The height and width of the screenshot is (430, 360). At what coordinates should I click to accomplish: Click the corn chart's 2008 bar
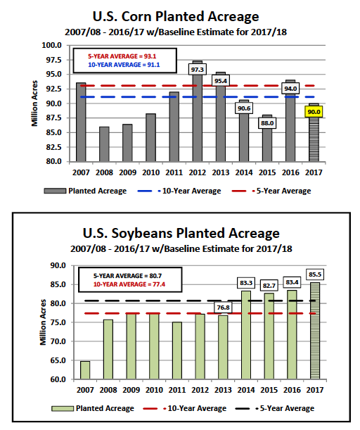point(104,144)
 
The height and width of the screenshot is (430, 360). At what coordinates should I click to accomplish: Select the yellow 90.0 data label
point(314,112)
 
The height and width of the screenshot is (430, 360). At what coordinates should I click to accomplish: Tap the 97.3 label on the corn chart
point(198,70)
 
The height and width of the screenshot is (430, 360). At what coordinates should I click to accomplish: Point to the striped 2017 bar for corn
point(314,132)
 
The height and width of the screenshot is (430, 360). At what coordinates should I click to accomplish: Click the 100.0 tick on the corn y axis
point(51,45)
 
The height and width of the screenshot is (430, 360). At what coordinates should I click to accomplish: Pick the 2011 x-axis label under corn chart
point(174,172)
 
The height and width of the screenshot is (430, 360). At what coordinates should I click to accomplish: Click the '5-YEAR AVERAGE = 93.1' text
point(122,56)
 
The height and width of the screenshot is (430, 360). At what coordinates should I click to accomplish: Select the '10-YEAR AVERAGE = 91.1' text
point(124,65)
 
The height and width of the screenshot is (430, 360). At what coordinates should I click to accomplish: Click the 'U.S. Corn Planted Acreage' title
point(176,16)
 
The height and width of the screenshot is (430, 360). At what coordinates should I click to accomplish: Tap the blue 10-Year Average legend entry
point(179,191)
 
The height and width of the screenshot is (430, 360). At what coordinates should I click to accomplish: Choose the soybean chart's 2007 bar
point(85,370)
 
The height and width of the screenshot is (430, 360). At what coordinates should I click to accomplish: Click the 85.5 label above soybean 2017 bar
point(315,274)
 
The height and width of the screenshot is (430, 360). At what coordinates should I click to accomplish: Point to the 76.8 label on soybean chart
point(224,308)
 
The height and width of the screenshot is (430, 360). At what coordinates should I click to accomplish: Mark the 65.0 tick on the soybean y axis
point(58,360)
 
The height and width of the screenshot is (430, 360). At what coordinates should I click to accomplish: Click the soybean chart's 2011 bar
point(177,350)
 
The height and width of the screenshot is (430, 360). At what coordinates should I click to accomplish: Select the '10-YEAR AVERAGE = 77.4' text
point(129,284)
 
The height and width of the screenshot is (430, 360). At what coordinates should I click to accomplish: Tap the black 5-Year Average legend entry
point(275,408)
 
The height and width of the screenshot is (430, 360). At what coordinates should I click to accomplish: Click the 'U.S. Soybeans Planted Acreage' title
point(181,234)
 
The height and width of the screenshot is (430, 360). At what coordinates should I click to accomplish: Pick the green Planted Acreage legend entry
point(93,408)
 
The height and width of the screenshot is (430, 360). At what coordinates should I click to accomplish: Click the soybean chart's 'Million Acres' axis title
point(43,322)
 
